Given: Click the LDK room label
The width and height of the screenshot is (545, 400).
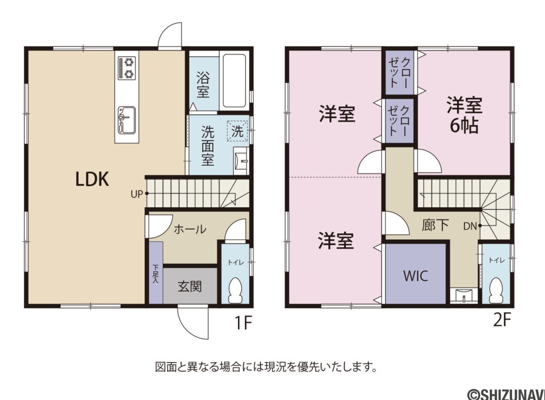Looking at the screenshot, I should (x=92, y=179).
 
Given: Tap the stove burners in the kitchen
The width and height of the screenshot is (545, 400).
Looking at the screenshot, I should (x=127, y=68).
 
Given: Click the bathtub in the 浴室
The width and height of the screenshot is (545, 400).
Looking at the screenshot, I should (x=234, y=81).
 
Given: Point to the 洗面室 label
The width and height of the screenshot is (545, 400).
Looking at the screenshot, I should (x=208, y=145).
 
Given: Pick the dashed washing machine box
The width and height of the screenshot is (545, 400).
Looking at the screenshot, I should (x=238, y=131).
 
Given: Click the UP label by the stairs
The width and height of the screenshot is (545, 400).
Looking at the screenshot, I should (x=136, y=194).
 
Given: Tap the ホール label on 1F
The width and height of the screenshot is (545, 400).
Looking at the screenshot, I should (x=190, y=230).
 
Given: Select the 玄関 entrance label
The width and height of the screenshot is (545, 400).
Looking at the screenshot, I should (x=189, y=287).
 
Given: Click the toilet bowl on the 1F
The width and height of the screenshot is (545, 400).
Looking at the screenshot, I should (x=234, y=291).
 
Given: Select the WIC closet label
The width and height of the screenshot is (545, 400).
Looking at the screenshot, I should (x=415, y=276).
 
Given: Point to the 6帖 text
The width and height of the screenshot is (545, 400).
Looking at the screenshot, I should (x=464, y=126).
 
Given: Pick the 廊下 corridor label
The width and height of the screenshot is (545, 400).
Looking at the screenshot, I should (x=435, y=225).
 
